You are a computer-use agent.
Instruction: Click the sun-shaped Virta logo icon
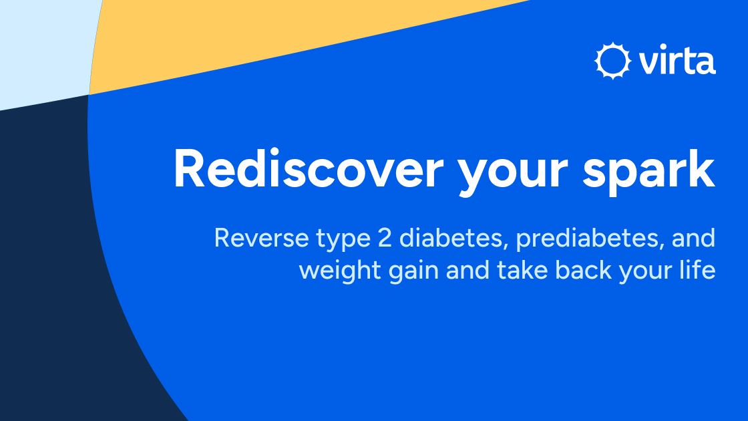pyautogui.click(x=612, y=61)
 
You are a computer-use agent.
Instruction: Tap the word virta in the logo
pyautogui.click(x=676, y=62)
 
